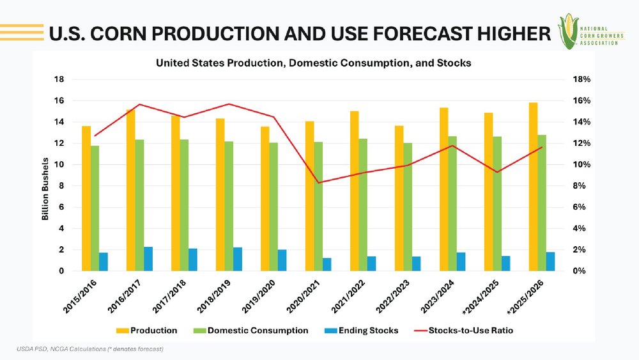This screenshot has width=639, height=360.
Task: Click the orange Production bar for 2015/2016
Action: click(x=86, y=198)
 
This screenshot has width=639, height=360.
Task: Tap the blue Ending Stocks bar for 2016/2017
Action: click(x=148, y=259)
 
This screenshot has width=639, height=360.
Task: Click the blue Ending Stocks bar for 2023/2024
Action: click(x=461, y=262)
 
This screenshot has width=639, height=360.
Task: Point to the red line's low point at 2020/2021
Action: click(x=318, y=183)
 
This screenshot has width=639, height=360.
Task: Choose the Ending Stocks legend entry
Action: click(x=362, y=331)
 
